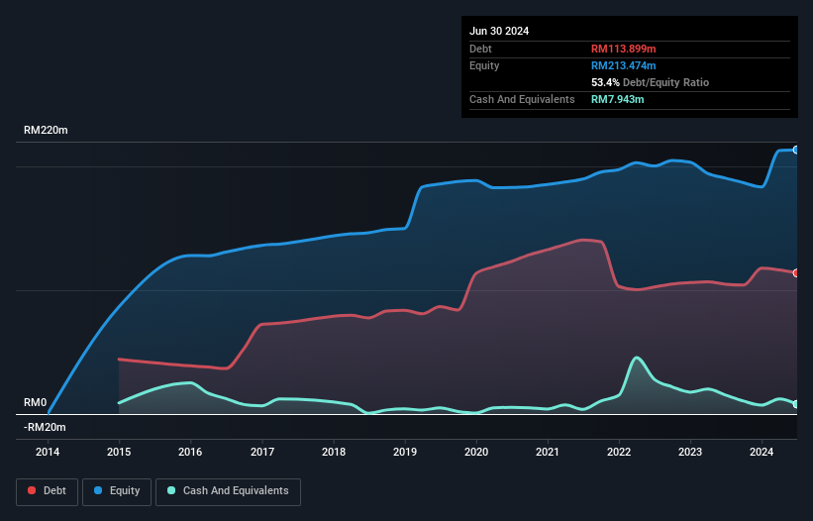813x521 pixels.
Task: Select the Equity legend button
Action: coord(117,491)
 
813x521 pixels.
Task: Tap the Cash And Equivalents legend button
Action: coord(228,491)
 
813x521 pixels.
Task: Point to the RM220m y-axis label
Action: coord(46,131)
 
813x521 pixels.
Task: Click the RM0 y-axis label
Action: coord(36,403)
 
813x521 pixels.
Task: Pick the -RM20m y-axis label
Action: coord(45,427)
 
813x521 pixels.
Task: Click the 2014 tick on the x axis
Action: coord(48,453)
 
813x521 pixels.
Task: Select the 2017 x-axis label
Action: coord(262,453)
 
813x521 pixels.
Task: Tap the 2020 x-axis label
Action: coord(476,453)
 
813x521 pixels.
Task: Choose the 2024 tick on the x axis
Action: coord(762,453)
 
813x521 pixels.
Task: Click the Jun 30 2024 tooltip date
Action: coord(499,31)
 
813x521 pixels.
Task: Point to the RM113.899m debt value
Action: coord(625,49)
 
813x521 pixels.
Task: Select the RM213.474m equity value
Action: coord(625,65)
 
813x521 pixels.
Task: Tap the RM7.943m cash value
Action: coord(619,99)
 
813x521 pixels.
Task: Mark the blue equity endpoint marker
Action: coord(796,150)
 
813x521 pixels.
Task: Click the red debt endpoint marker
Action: coord(796,272)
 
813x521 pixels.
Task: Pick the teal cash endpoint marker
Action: coord(796,404)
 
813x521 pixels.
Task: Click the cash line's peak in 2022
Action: coord(636,358)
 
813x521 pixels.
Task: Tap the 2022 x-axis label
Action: coord(619,453)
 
